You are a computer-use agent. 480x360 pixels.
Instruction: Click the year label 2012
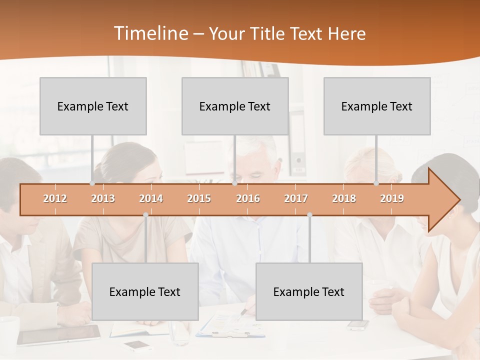[55, 198]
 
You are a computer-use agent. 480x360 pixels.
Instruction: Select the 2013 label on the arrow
[103, 198]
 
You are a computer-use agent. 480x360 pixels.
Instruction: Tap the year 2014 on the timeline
[151, 198]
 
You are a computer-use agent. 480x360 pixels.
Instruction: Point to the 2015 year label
[199, 198]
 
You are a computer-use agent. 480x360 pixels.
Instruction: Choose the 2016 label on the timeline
[248, 198]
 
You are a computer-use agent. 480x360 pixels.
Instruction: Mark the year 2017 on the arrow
[296, 198]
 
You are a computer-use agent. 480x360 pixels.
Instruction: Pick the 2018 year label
[344, 198]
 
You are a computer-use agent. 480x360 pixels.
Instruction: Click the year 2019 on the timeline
[392, 198]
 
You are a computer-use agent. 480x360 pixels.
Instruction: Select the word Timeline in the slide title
[150, 33]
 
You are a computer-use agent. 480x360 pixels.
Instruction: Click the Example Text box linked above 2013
[93, 106]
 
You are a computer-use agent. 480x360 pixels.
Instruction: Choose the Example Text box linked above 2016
[235, 106]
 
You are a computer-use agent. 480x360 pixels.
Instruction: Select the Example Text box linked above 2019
[377, 106]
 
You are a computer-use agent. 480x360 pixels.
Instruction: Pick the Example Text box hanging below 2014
[145, 291]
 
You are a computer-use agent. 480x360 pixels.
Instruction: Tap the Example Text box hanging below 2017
[309, 291]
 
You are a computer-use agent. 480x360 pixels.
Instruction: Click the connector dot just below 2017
[309, 215]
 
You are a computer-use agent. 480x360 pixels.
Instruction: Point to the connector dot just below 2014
[145, 215]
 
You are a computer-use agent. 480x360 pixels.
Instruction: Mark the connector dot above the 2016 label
[234, 183]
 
